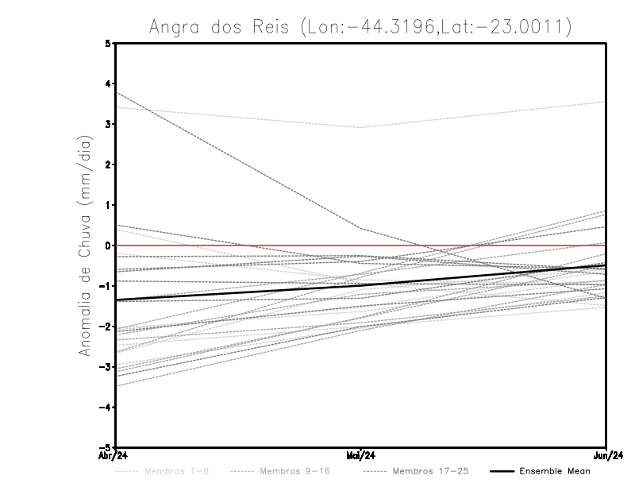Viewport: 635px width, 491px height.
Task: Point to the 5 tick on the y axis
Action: pos(109,44)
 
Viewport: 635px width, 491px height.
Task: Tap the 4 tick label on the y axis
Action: pos(109,83)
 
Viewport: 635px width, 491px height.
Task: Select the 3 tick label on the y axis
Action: pos(109,124)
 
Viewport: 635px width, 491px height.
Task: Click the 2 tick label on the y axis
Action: pos(109,164)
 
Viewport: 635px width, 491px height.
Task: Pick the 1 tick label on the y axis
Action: pos(109,205)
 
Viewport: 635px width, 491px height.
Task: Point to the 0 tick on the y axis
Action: pos(109,246)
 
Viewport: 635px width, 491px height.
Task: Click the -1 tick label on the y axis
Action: pos(106,286)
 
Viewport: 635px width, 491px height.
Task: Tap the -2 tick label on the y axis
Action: pos(106,326)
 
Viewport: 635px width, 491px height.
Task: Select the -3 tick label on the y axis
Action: pos(106,366)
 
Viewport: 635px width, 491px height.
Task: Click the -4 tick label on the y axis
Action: pos(106,407)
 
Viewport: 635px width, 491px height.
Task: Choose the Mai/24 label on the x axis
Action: pos(361,456)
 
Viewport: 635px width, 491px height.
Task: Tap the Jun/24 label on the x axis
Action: pos(606,456)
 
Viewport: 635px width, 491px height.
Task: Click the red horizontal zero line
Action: pos(476,246)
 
